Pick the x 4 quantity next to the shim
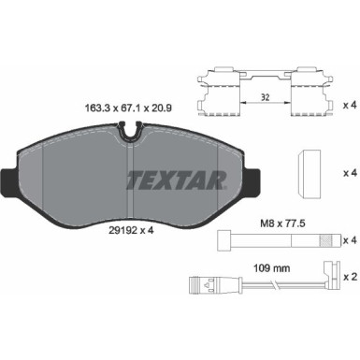347,172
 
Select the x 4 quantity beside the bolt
347,240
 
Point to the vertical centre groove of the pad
125,187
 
